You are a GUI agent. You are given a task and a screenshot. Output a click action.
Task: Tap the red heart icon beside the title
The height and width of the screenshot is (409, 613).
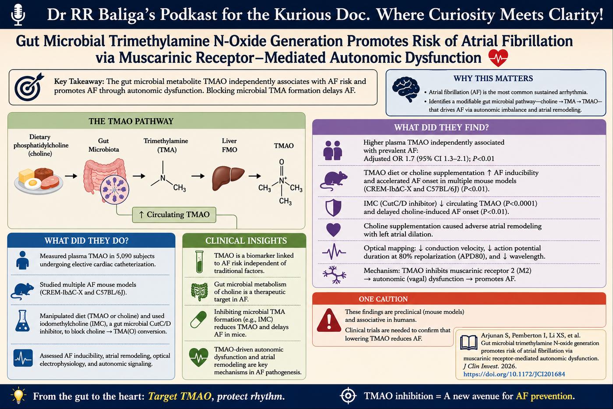pos(498,58)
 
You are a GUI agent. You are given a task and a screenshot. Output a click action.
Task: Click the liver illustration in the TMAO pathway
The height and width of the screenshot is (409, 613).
pos(228,178)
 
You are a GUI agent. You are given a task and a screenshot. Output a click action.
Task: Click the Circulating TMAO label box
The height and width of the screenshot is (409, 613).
pos(174,214)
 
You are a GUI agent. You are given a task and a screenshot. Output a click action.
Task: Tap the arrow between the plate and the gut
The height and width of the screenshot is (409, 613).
pos(71,176)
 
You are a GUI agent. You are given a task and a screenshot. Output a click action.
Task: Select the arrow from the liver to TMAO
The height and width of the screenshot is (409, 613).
pos(254,176)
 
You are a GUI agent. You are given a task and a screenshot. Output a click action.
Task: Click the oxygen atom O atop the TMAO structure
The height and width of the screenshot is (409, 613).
pos(282,162)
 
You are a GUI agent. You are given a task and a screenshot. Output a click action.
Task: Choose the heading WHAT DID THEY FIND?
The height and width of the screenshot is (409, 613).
pos(441,128)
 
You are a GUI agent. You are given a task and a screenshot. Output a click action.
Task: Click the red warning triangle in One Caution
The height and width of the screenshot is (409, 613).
pos(329,320)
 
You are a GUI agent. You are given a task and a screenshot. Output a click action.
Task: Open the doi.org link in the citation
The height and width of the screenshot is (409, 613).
pos(514,374)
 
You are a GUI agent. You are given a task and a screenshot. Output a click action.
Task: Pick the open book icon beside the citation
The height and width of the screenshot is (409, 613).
pos(469,343)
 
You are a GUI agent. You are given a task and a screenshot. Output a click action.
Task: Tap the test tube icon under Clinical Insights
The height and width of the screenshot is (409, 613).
pos(200,262)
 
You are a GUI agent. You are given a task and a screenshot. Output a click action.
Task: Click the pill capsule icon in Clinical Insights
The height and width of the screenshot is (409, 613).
pos(198,320)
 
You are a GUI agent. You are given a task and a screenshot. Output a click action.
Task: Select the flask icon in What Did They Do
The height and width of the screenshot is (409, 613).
pos(22,321)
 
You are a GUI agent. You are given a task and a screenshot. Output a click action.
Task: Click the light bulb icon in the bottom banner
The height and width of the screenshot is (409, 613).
pos(18,395)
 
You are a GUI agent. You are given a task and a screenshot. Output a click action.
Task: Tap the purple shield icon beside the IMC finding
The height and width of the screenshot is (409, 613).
pos(333,208)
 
